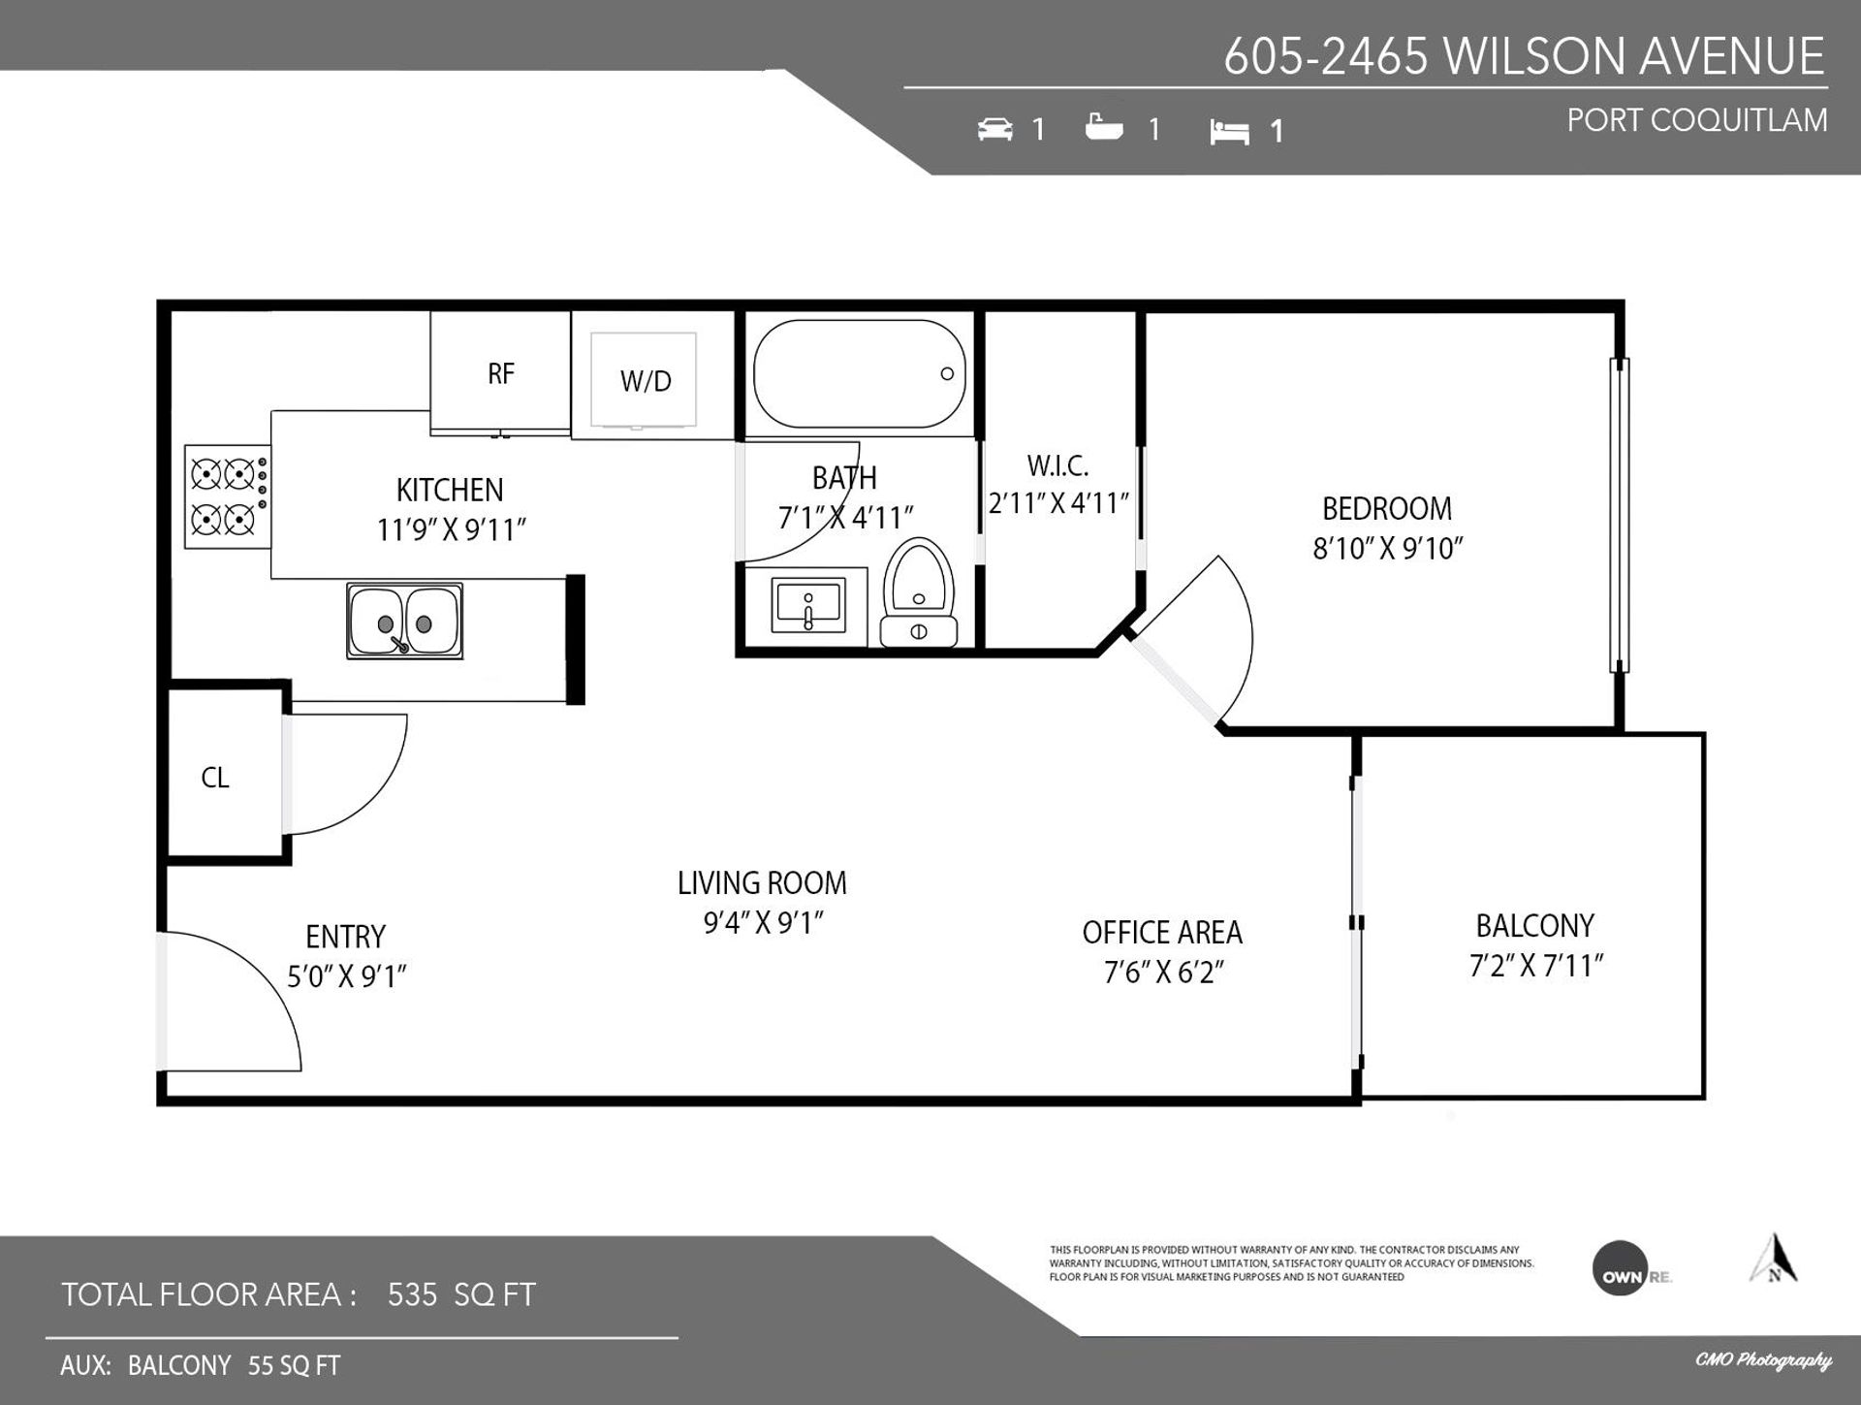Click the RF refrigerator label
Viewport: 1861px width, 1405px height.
click(500, 373)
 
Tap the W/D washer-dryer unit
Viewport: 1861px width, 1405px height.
click(645, 380)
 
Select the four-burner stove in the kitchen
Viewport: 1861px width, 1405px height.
click(228, 496)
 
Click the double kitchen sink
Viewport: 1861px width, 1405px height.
click(404, 621)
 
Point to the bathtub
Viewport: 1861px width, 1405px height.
click(859, 373)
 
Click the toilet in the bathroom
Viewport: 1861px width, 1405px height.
click(919, 592)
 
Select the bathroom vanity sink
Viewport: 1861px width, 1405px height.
click(808, 605)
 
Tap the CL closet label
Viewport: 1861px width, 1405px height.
click(215, 778)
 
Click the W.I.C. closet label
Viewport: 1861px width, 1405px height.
click(1057, 465)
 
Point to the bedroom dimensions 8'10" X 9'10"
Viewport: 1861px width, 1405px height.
click(1387, 549)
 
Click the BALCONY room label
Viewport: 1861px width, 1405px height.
click(1534, 926)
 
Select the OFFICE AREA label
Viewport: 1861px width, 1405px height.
click(1162, 933)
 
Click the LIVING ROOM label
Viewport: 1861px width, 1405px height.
click(762, 883)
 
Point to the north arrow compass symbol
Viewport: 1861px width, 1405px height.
click(1774, 1258)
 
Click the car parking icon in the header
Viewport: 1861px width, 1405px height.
click(995, 129)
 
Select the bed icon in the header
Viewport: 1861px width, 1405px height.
click(1229, 132)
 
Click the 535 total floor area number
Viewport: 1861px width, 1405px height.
click(412, 1294)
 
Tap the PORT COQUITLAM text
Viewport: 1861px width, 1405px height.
click(1697, 120)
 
